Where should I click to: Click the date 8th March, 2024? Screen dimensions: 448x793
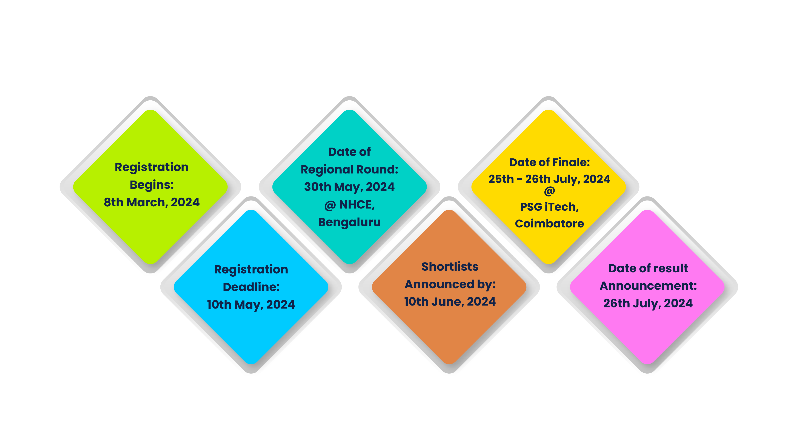151,203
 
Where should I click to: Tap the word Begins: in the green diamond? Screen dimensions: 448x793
151,185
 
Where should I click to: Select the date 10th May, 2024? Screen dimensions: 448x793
251,305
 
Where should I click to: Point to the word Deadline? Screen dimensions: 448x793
251,287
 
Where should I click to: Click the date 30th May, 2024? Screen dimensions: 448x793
349,187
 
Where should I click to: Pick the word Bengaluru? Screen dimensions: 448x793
349,222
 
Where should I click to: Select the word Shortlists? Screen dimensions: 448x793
450,267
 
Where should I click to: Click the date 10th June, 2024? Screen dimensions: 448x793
450,302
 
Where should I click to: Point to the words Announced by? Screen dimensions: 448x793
450,284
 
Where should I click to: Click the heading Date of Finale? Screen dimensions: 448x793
549,163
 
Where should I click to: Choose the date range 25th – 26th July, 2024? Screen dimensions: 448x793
549,179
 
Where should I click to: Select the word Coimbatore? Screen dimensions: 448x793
549,224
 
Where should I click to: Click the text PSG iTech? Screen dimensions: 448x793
549,207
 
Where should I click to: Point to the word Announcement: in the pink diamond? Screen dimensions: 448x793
648,286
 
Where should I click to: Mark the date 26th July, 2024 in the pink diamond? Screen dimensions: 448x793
648,303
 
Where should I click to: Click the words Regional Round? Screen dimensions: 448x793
349,170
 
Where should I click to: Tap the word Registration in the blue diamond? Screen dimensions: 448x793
251,270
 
